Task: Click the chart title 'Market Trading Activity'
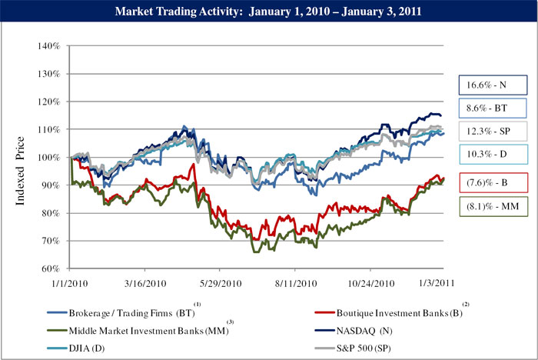pos(177,12)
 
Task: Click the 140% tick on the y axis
pos(49,46)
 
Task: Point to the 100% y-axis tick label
pos(49,158)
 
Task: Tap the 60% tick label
pos(51,268)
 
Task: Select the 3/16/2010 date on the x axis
pos(145,283)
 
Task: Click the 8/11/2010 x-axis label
pos(296,283)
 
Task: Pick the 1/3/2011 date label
pos(437,283)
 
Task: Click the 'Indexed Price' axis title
pos(20,171)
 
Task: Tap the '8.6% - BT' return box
pos(493,108)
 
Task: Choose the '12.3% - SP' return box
pos(493,132)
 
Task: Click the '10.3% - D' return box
pos(493,155)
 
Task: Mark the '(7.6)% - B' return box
pos(493,182)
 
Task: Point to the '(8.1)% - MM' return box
pos(493,206)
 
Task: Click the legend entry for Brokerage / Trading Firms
pos(121,312)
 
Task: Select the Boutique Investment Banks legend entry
pos(388,312)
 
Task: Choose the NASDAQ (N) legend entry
pos(354,331)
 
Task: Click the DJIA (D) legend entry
pos(76,348)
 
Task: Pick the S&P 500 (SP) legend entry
pos(353,348)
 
